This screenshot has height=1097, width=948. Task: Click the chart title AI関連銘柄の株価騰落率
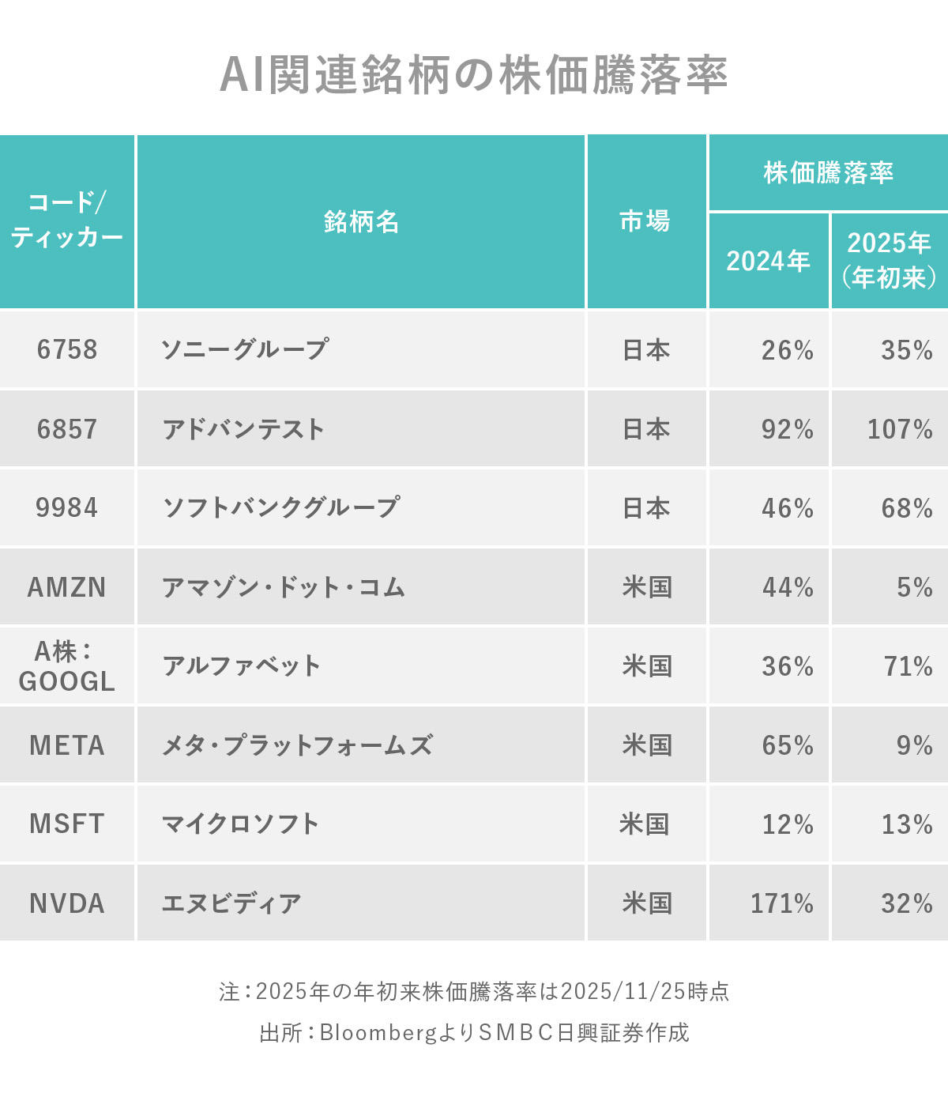pos(473,76)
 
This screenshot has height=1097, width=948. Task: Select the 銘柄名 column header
pos(361,222)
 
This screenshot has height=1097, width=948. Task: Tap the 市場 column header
pos(645,221)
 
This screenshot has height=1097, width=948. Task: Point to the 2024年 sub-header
pos(768,261)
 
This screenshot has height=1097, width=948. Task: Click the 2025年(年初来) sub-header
pos(889,259)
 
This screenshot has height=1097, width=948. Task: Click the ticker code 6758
pos(67,349)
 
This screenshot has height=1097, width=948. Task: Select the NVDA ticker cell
pos(67,903)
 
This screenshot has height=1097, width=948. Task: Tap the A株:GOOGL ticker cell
pos(67,666)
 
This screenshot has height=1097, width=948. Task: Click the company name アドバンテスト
pos(243,429)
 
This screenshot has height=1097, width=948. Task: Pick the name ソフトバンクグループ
pos(281,507)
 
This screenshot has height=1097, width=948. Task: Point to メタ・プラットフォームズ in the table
pos(297,745)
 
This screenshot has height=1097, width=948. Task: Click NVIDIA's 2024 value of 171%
pos(781,903)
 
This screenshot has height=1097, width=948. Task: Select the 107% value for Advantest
pos(900,429)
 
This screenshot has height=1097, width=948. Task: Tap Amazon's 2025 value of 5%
pos(914,587)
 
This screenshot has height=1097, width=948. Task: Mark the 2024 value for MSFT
pos(788,824)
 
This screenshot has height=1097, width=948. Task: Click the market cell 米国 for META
pos(646,745)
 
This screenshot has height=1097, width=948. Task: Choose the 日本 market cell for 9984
pos(646,507)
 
